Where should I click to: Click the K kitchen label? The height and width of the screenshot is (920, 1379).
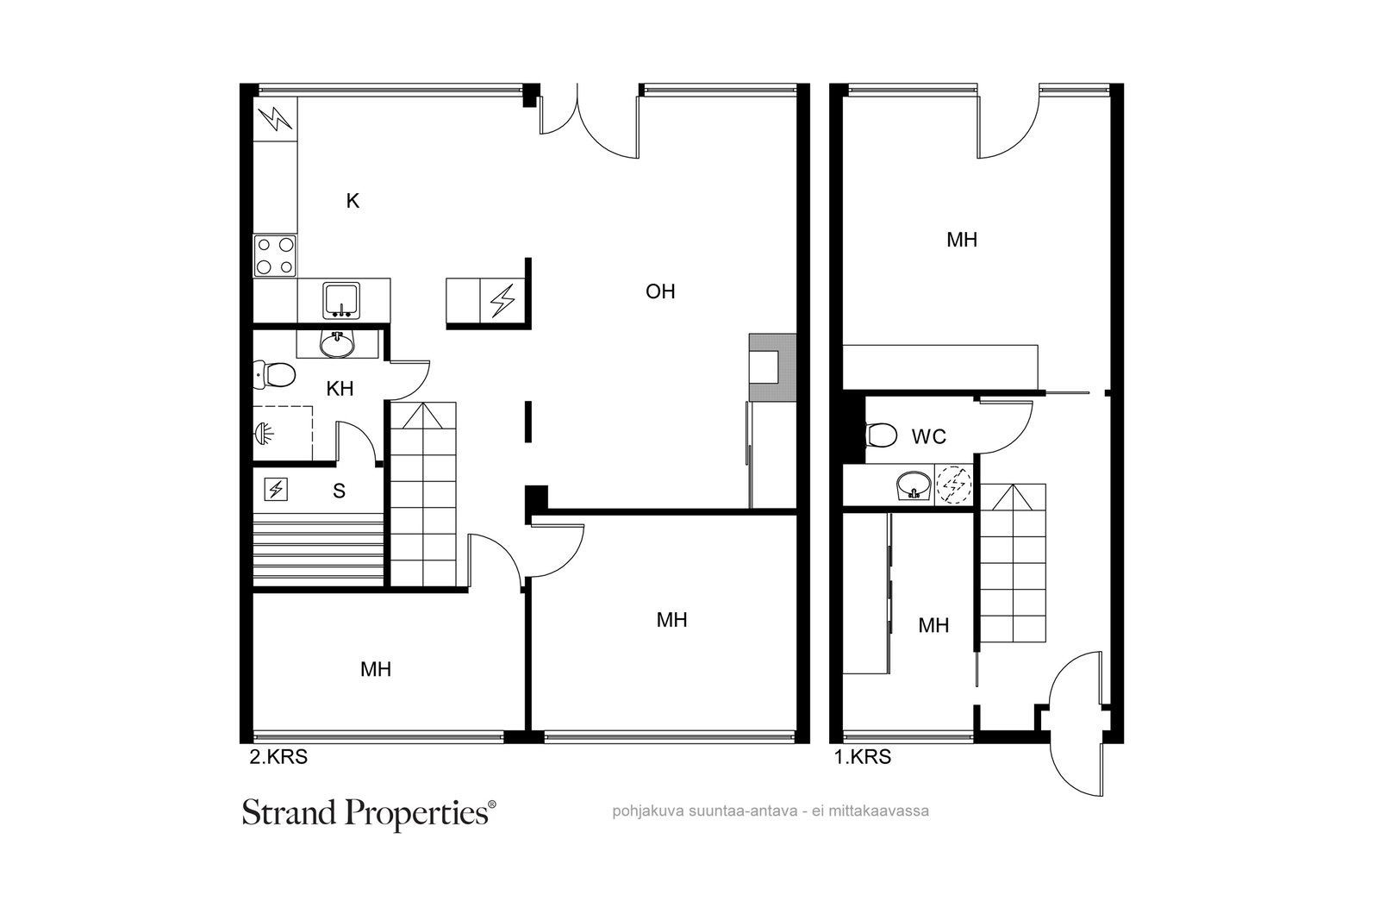[x=353, y=201]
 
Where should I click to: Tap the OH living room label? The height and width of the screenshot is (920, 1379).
[x=660, y=291]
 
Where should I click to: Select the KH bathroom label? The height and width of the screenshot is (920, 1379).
[x=340, y=389]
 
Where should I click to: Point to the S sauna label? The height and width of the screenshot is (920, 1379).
[x=339, y=491]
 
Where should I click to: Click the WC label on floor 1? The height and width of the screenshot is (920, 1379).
[x=928, y=436]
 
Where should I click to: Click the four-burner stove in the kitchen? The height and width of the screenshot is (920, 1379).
[x=275, y=255]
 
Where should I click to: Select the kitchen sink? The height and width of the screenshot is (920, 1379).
[x=341, y=301]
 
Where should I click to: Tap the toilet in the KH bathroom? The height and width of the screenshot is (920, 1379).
[x=275, y=374]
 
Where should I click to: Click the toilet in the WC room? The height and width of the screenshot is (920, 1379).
[x=881, y=435]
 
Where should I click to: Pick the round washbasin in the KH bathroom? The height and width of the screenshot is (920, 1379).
[x=337, y=344]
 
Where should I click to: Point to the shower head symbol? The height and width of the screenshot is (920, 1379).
[x=264, y=434]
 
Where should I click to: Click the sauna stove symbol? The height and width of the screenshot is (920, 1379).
[x=275, y=490]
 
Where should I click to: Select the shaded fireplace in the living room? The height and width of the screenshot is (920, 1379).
[x=772, y=367]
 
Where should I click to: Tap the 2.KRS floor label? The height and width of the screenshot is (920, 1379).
[x=278, y=757]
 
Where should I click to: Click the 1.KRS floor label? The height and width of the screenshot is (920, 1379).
[x=863, y=757]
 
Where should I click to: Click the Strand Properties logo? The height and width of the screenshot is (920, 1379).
[x=369, y=814]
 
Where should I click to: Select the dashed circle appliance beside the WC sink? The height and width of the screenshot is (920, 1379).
[x=953, y=485]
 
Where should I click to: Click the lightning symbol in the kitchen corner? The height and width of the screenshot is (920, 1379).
[x=275, y=119]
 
